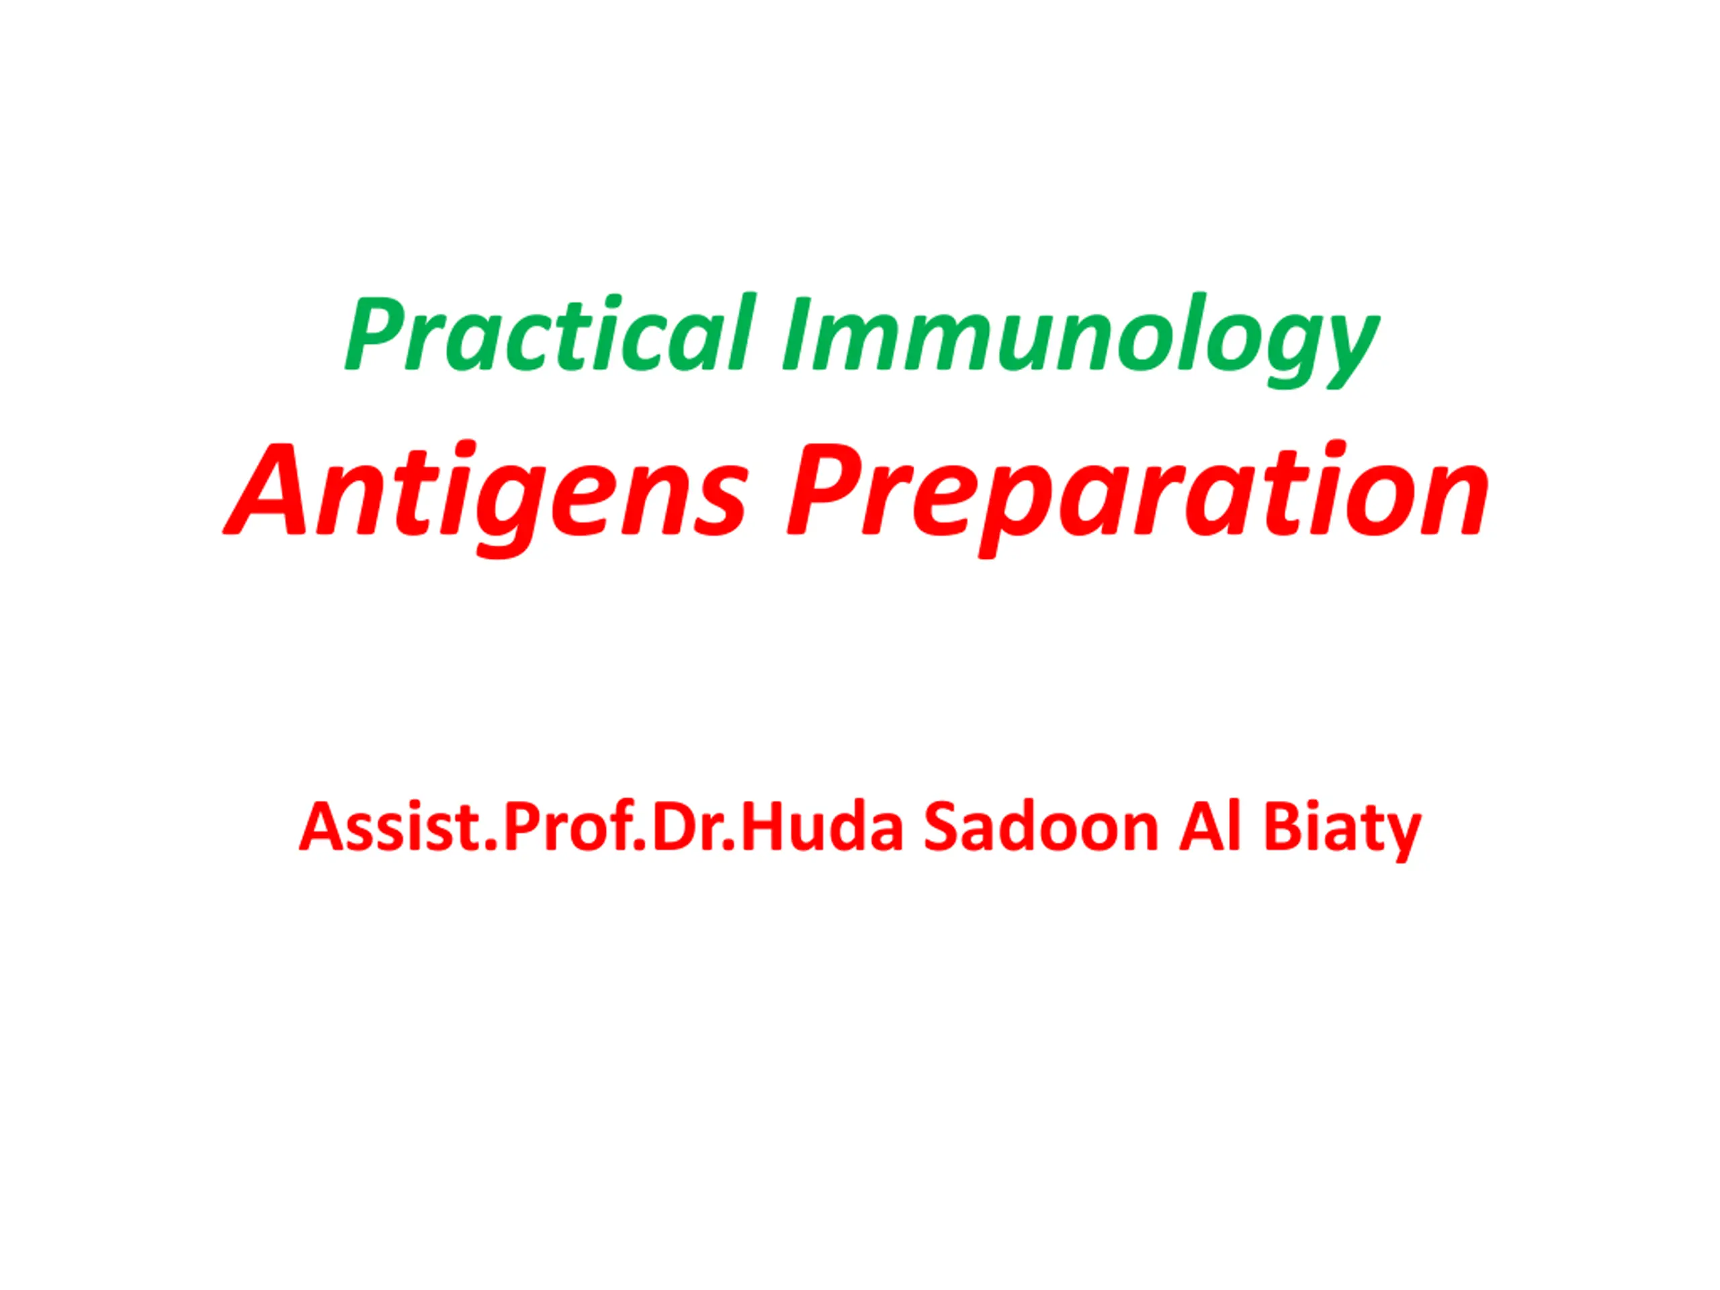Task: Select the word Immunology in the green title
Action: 1081,341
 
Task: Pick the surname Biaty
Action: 1341,832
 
